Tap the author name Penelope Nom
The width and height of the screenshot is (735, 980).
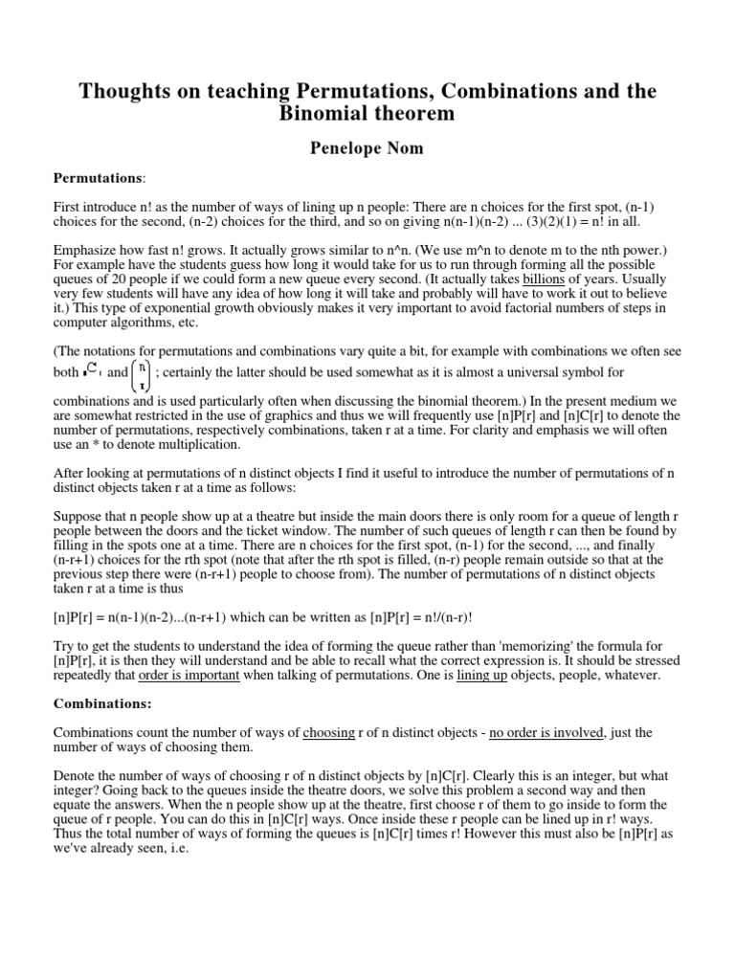coord(367,149)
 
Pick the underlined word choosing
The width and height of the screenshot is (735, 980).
coord(328,732)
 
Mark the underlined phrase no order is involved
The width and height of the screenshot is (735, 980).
coord(543,732)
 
